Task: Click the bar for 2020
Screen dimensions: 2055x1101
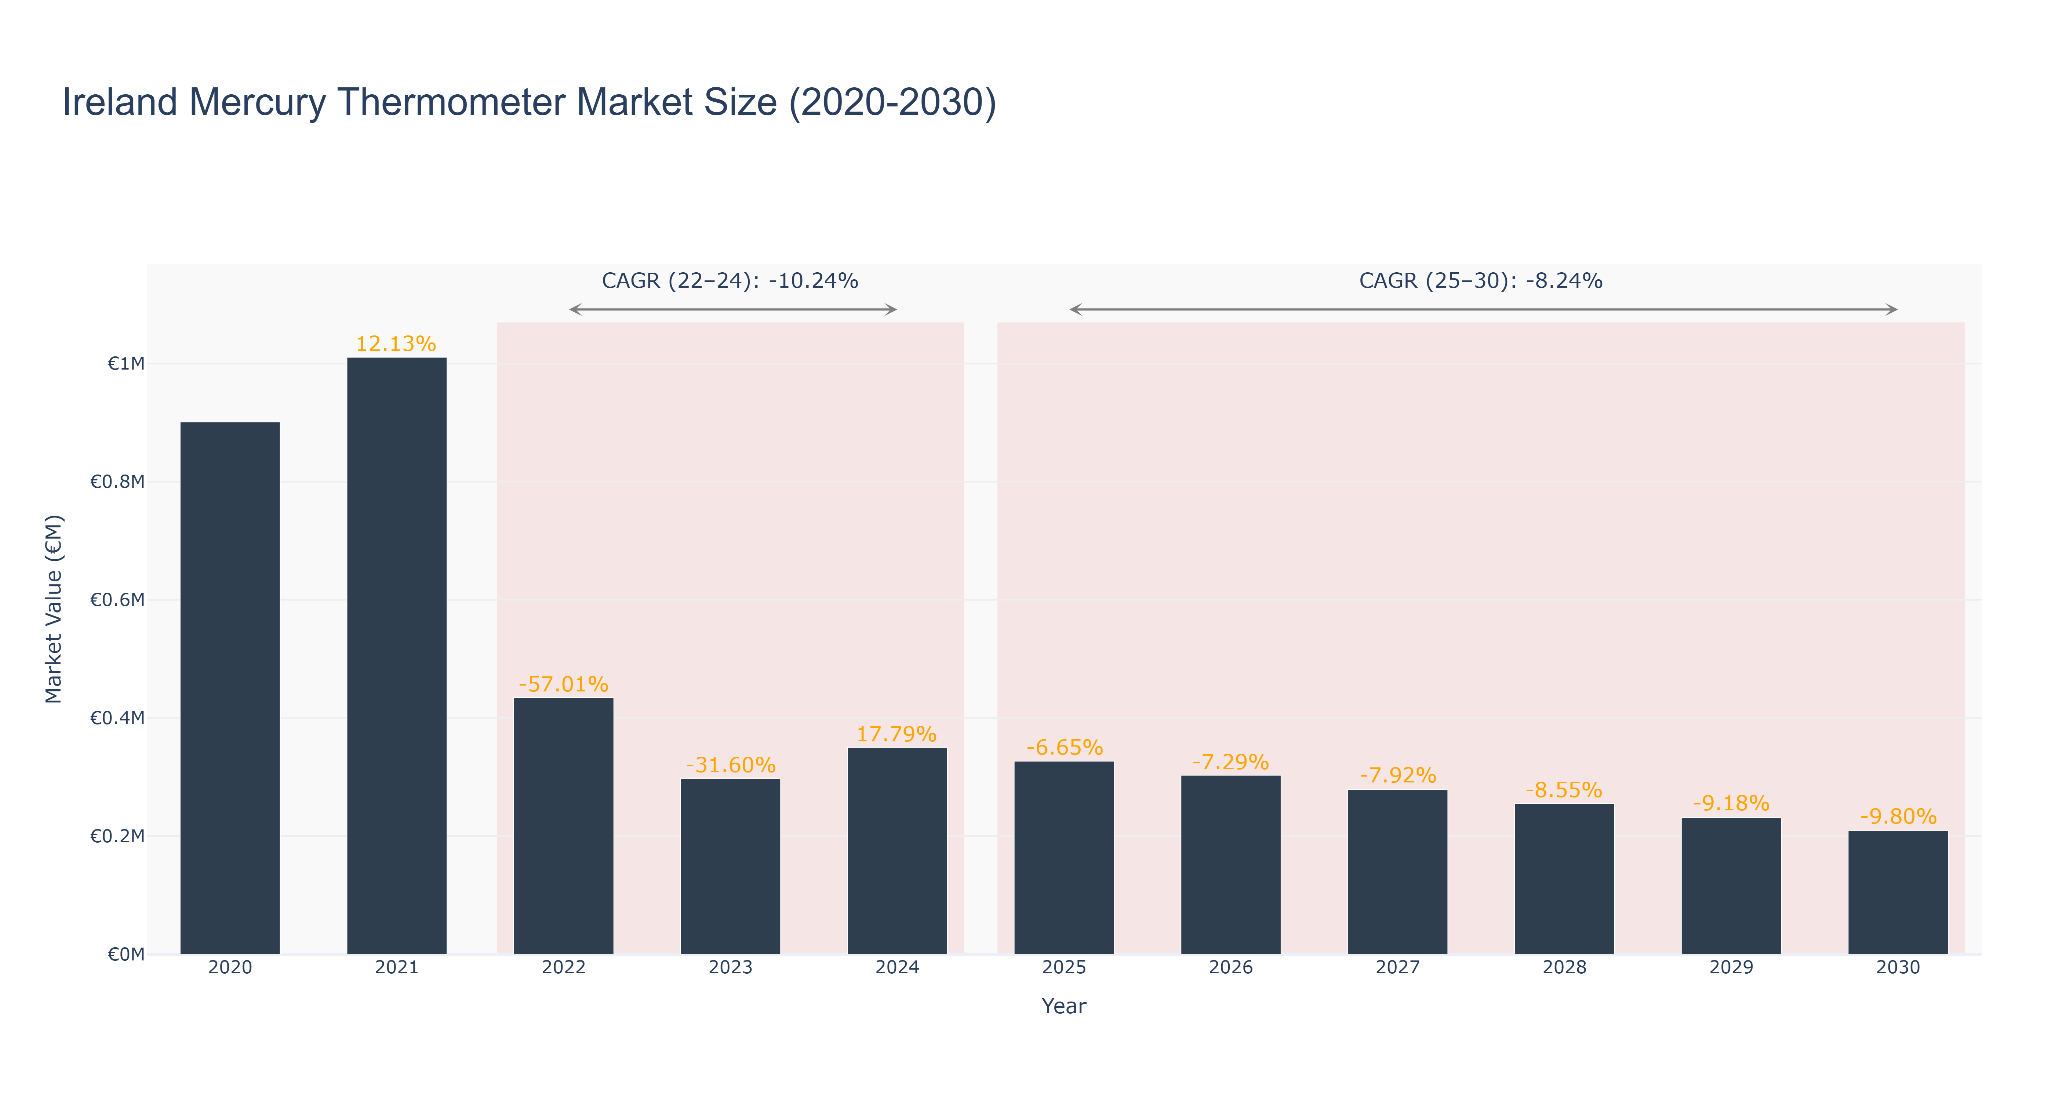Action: (x=230, y=688)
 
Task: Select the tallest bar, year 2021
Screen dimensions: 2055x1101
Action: (x=396, y=656)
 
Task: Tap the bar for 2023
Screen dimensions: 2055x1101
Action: (x=730, y=866)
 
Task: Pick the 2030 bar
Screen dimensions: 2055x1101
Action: (x=1898, y=893)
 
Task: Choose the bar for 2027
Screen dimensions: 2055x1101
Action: (x=1398, y=872)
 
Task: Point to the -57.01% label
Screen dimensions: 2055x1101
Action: (x=563, y=684)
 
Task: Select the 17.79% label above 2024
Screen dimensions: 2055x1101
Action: (x=896, y=734)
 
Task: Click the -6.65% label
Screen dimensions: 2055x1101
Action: (x=1064, y=748)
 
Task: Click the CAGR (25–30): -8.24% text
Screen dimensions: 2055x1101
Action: (x=1481, y=281)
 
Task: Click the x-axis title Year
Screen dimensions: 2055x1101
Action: (x=1064, y=1006)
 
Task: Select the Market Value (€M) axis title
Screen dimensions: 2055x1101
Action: (x=54, y=609)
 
